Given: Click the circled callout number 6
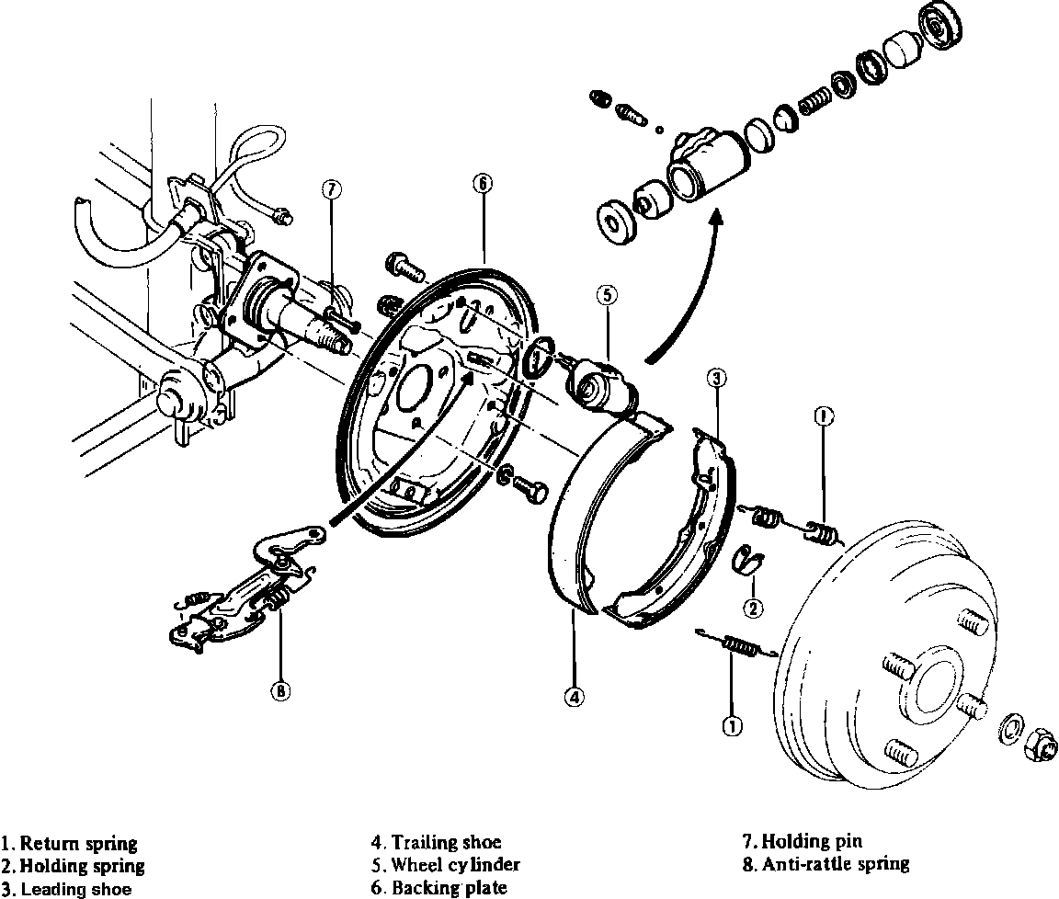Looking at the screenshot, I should pyautogui.click(x=483, y=182).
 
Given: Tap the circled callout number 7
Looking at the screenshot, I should pyautogui.click(x=332, y=189).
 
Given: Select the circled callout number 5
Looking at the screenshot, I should pyautogui.click(x=606, y=295).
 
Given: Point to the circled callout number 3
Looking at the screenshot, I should pyautogui.click(x=718, y=376).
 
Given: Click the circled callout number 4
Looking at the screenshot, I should pyautogui.click(x=574, y=697).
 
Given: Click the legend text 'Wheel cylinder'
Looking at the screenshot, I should pyautogui.click(x=455, y=865).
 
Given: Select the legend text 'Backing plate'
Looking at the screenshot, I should pyautogui.click(x=449, y=888).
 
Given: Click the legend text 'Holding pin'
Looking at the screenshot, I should pyautogui.click(x=813, y=840).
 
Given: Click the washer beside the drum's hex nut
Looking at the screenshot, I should pyautogui.click(x=1009, y=725).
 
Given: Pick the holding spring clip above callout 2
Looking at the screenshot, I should pyautogui.click(x=749, y=558).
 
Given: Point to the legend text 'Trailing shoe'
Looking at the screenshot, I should pyautogui.click(x=446, y=842).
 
